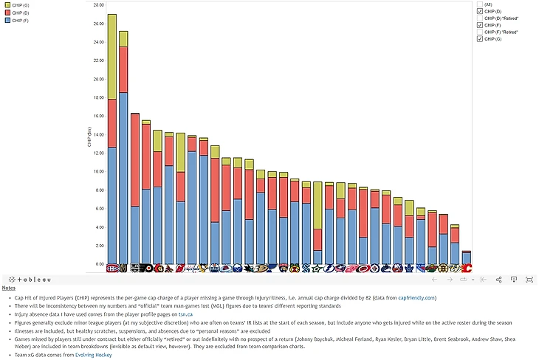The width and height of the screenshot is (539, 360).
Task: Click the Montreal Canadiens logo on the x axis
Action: click(112, 269)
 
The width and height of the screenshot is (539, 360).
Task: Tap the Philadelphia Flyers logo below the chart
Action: click(146, 269)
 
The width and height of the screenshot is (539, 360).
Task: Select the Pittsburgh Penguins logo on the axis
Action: click(192, 269)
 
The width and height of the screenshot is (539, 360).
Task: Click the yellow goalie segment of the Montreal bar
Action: click(112, 56)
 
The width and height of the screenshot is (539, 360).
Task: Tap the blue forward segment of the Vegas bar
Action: click(123, 177)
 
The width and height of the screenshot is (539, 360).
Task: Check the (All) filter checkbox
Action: click(480, 4)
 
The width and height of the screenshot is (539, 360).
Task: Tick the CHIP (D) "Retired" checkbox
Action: click(480, 18)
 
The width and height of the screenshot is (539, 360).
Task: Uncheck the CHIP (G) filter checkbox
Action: click(480, 39)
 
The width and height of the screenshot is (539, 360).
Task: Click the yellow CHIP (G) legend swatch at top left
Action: click(6, 5)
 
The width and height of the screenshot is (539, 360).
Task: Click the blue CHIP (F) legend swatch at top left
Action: click(6, 20)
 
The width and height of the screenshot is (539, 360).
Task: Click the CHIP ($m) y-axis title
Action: click(90, 137)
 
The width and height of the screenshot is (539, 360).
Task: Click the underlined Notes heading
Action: click(8, 288)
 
